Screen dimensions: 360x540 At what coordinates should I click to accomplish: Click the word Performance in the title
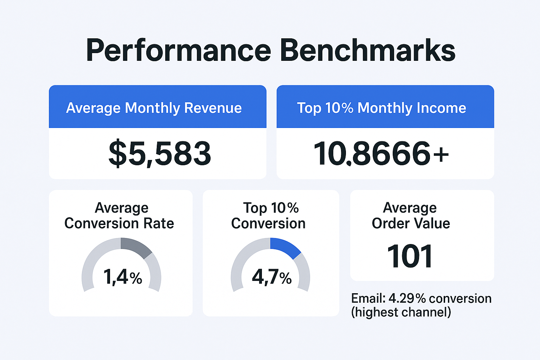click(x=178, y=51)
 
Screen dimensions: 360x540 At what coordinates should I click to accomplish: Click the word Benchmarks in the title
click(x=367, y=51)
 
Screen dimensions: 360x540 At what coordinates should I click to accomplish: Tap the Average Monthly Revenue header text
click(x=154, y=108)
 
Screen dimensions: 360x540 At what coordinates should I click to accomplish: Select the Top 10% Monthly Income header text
click(x=381, y=108)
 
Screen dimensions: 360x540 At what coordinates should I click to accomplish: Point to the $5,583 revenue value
click(x=160, y=154)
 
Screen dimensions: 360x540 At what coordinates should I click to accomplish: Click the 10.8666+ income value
click(x=381, y=154)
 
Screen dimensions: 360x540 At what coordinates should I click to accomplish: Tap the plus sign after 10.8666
click(x=441, y=154)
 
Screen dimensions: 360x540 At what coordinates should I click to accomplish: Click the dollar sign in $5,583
click(x=117, y=154)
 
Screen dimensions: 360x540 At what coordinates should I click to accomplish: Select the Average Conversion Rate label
click(x=119, y=216)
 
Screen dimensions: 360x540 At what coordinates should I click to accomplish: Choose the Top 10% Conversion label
click(x=269, y=216)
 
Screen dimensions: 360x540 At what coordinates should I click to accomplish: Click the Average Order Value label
click(x=411, y=216)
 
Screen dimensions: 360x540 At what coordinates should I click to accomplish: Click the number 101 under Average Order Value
click(x=410, y=257)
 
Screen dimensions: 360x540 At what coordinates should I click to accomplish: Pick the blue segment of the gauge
click(x=284, y=246)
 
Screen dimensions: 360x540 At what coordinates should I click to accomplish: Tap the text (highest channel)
click(x=401, y=312)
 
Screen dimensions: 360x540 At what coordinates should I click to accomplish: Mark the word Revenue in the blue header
click(x=213, y=108)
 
